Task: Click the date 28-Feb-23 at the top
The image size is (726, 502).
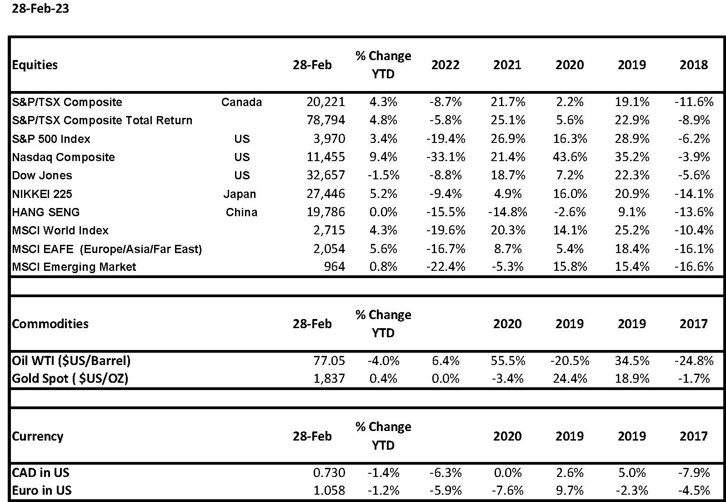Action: [40, 9]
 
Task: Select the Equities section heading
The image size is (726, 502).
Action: [35, 65]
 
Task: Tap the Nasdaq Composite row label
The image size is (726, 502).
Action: [64, 157]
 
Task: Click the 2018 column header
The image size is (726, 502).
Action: [694, 65]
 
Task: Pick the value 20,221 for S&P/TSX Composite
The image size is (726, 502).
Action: [326, 102]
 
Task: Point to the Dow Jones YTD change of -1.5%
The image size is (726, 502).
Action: [383, 175]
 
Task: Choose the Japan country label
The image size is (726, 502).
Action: [240, 194]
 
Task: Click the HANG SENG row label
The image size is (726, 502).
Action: [46, 212]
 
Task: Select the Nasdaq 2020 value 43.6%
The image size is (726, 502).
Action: [570, 157]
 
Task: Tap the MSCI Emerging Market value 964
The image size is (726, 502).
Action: [335, 267]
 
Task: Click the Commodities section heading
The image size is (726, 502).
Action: [50, 324]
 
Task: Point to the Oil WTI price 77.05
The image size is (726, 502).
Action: [329, 360]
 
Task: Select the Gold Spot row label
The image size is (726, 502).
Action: [70, 379]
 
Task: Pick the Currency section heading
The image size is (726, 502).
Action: [38, 436]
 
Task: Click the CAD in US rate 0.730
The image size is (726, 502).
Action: [329, 472]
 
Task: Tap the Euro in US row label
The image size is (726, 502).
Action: [41, 490]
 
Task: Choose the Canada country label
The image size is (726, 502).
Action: [241, 102]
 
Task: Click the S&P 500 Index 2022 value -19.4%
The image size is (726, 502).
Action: [446, 139]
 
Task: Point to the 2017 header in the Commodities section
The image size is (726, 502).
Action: [694, 324]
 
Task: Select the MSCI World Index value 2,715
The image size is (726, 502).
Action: [329, 230]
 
